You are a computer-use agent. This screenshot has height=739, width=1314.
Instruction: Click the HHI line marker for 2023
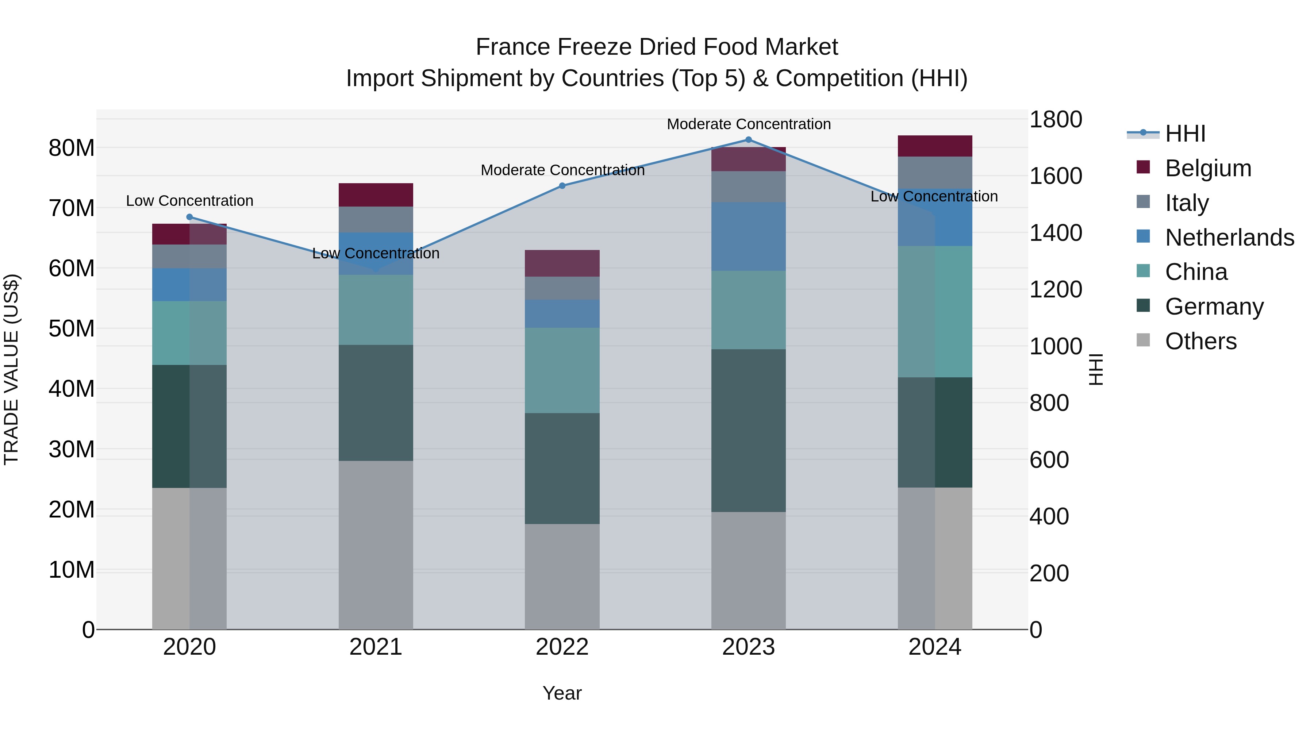coord(748,140)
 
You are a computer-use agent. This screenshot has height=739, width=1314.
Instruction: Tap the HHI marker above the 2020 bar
coord(190,217)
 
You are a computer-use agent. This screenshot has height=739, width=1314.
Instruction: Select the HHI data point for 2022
coord(562,186)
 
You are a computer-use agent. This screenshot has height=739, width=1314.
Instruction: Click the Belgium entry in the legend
coord(1208,168)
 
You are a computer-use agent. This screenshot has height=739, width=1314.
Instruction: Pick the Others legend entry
coord(1201,341)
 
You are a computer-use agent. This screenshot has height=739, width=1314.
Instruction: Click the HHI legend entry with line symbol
coord(1185,134)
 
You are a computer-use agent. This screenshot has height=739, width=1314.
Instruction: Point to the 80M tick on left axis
coord(72,149)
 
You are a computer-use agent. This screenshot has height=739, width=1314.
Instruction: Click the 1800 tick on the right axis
coord(1055,120)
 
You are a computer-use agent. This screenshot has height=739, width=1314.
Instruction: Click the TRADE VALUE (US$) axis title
coord(12,369)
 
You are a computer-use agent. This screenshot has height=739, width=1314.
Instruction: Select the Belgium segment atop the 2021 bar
coord(376,195)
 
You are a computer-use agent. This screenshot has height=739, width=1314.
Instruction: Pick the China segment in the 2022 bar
coord(562,370)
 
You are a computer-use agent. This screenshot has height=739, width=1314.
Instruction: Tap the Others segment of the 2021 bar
coord(376,545)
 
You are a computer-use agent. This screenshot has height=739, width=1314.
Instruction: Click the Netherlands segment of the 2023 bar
coord(748,236)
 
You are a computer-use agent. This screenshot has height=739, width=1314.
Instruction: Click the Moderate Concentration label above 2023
coord(748,124)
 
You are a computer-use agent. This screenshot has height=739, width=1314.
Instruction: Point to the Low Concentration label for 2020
coord(190,201)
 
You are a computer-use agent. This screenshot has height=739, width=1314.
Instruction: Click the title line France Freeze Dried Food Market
coord(657,47)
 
